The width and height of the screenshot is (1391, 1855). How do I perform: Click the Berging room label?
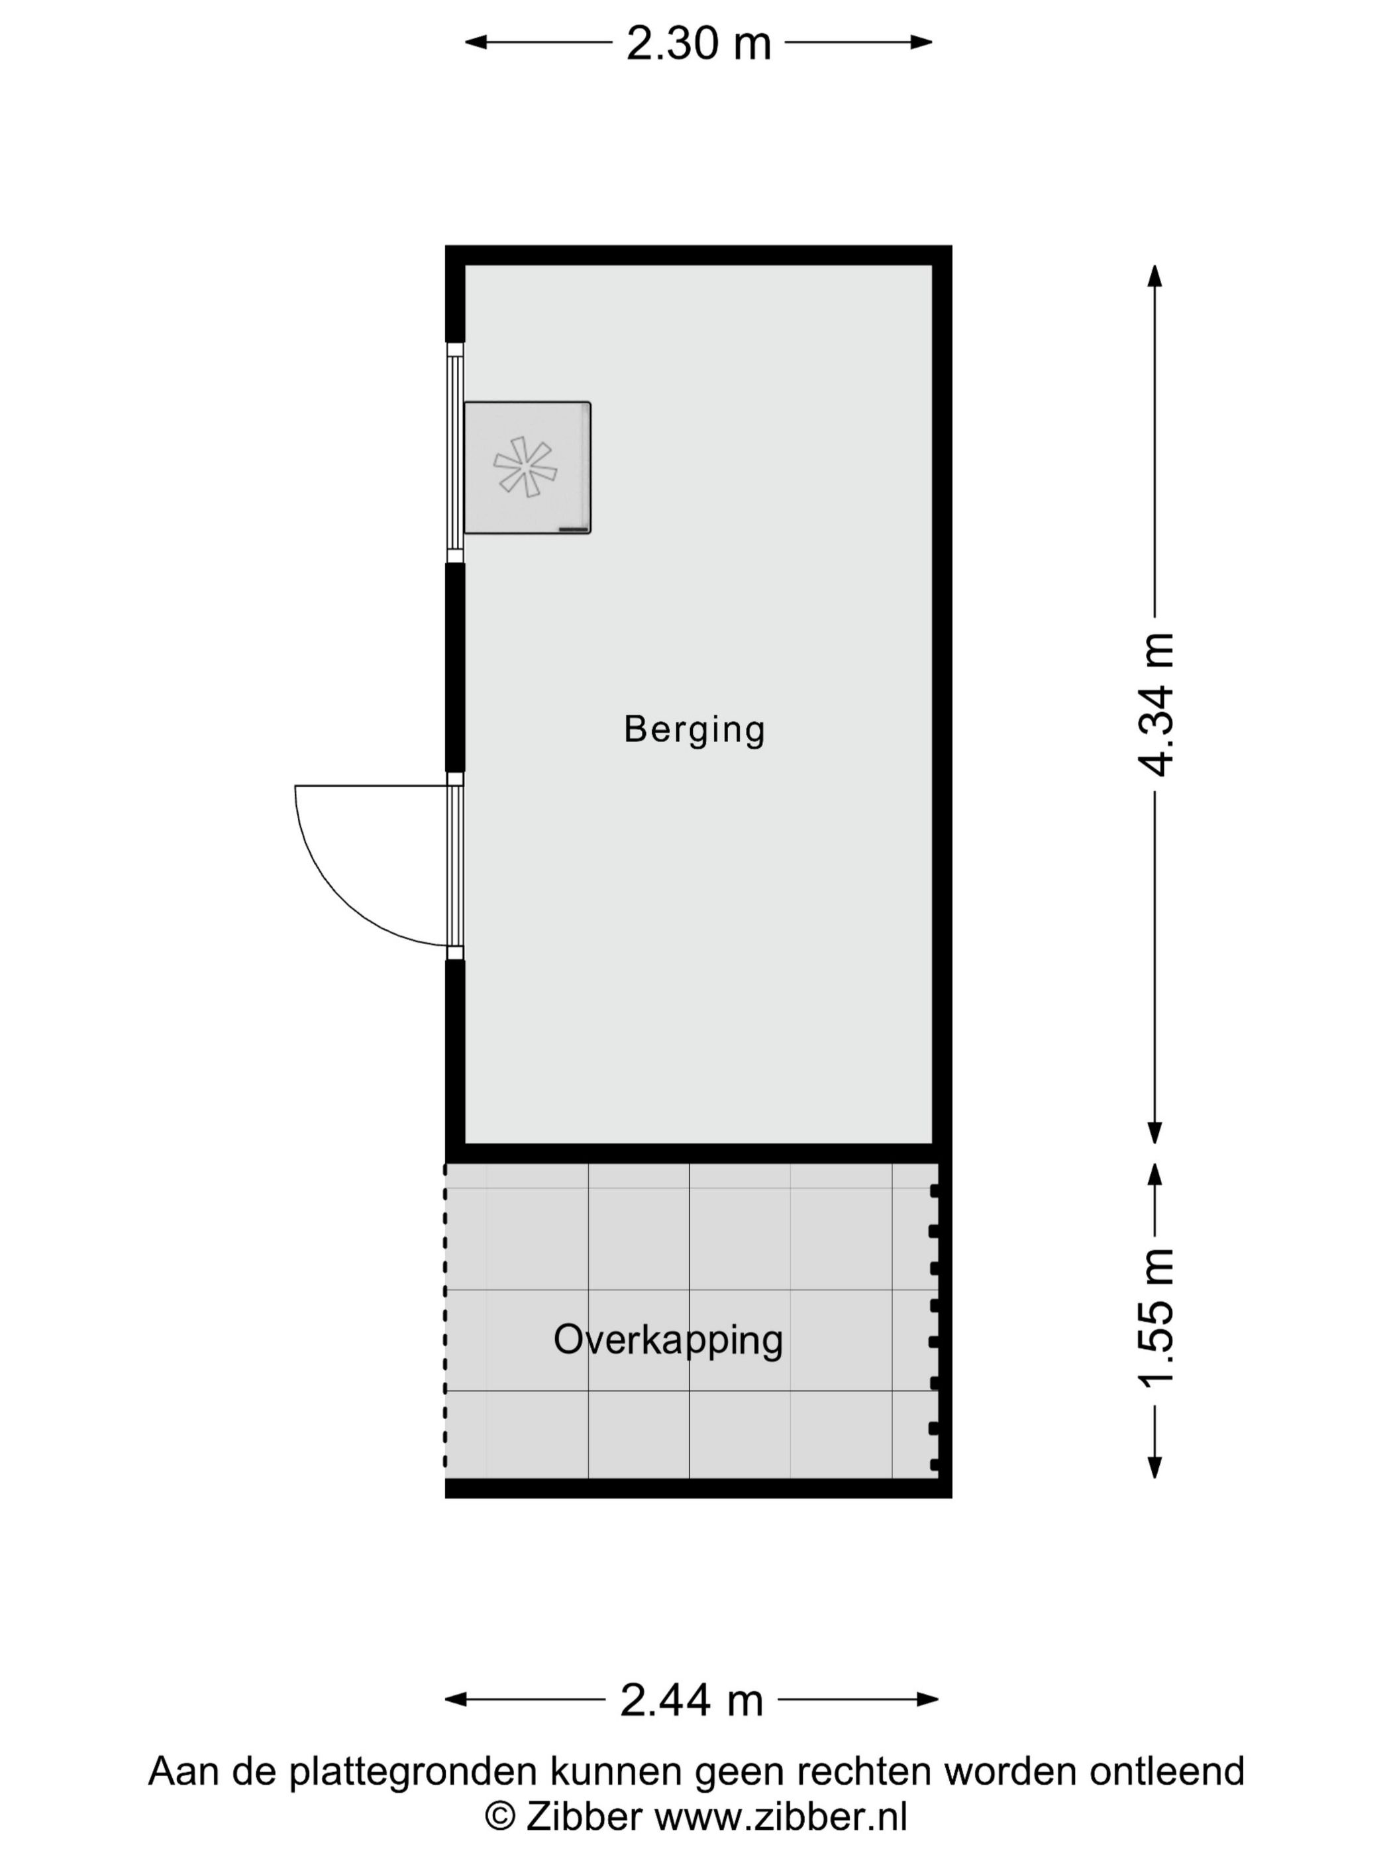click(694, 729)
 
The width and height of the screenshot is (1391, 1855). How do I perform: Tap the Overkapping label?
click(668, 1340)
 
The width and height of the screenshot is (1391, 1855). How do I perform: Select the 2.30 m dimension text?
click(698, 44)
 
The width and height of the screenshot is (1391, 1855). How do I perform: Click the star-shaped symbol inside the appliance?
click(525, 466)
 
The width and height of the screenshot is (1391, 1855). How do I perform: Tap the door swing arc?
click(335, 897)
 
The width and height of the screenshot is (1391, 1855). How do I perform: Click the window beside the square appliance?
click(454, 453)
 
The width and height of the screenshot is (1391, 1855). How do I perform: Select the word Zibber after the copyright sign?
click(584, 1817)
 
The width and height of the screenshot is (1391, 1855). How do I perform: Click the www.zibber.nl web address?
click(780, 1817)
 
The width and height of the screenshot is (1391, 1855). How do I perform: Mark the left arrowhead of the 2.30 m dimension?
click(474, 42)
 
